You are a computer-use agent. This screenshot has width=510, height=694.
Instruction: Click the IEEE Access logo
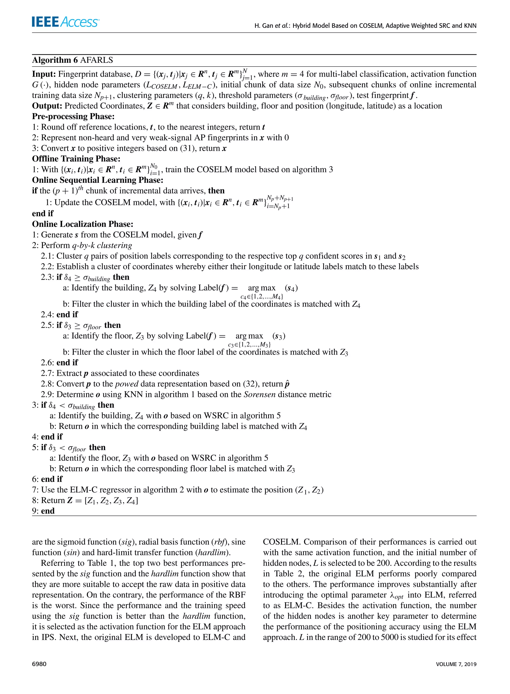pyautogui.click(x=65, y=22)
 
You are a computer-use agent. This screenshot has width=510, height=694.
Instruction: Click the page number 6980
pyautogui.click(x=39, y=664)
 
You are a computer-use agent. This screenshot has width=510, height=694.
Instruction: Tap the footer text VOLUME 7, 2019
pyautogui.click(x=456, y=664)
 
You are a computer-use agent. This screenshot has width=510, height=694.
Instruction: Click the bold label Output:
pyautogui.click(x=47, y=106)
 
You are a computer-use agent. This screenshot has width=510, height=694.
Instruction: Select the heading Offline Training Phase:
pyautogui.click(x=76, y=159)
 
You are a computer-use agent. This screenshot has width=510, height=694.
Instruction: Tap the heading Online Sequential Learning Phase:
pyautogui.click(x=98, y=180)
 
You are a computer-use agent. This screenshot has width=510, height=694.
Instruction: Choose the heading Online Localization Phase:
pyautogui.click(x=83, y=224)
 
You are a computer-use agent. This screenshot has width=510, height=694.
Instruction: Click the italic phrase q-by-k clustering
pyautogui.click(x=102, y=245)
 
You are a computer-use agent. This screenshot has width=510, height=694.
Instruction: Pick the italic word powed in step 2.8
pyautogui.click(x=127, y=384)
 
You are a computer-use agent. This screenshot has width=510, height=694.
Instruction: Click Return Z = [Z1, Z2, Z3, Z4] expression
pyautogui.click(x=90, y=501)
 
